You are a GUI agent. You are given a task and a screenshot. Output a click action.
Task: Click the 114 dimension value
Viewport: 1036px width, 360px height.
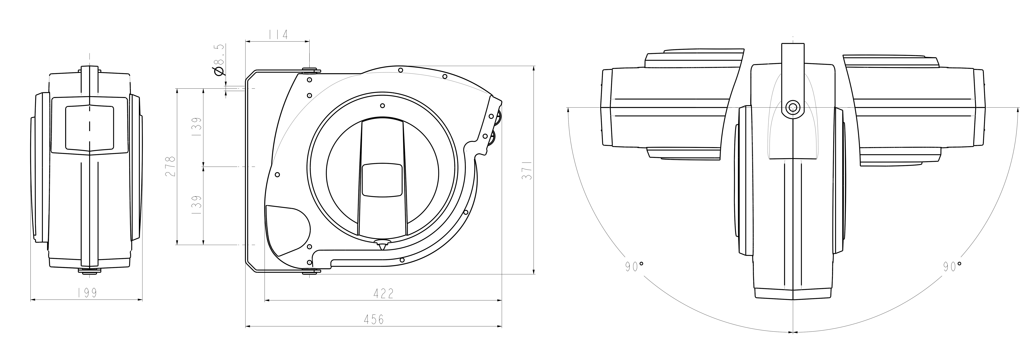tap(277, 35)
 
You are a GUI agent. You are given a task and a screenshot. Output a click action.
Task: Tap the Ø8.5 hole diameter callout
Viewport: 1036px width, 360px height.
tap(219, 60)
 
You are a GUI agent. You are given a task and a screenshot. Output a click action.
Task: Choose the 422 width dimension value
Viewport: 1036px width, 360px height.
tap(383, 294)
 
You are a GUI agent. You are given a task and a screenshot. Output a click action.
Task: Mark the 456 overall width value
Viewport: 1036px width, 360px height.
tap(374, 320)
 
